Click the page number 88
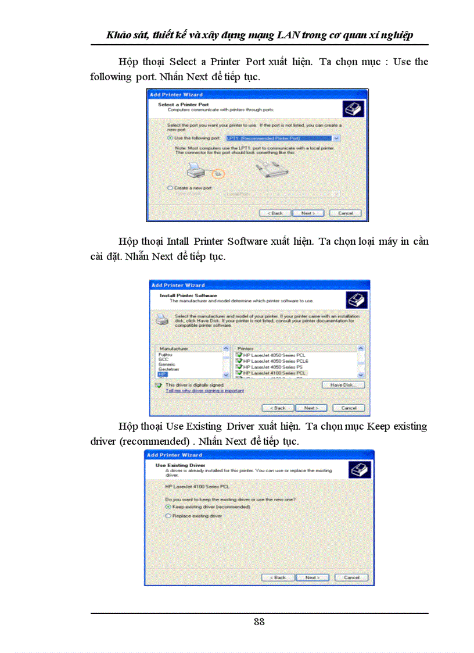click(259, 622)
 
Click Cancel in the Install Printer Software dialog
click(349, 408)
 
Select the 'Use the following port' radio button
click(170, 138)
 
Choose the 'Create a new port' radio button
click(170, 188)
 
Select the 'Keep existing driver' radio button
click(168, 507)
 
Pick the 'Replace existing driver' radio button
click(168, 516)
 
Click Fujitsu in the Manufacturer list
click(166, 354)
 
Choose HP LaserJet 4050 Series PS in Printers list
click(273, 367)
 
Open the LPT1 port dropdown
click(336, 138)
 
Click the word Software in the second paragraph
click(246, 241)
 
